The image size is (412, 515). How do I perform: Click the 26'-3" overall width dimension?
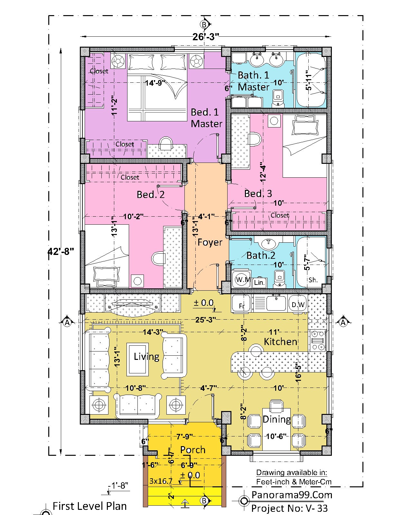pyautogui.click(x=206, y=36)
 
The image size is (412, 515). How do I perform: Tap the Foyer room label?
pyautogui.click(x=210, y=242)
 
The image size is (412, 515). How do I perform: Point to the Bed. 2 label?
pyautogui.click(x=151, y=194)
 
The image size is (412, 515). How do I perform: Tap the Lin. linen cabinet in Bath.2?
pyautogui.click(x=259, y=283)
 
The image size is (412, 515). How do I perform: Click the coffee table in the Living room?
pyautogui.click(x=137, y=360)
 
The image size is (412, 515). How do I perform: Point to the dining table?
pyautogui.click(x=276, y=429)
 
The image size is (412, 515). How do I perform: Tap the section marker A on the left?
pyautogui.click(x=67, y=323)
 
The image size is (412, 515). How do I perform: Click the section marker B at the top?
pyautogui.click(x=204, y=24)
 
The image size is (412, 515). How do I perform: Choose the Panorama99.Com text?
pyautogui.click(x=292, y=495)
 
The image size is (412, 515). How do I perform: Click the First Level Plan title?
pyautogui.click(x=89, y=506)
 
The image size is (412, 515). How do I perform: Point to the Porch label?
pyautogui.click(x=193, y=450)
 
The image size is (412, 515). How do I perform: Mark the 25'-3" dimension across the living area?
pyautogui.click(x=205, y=320)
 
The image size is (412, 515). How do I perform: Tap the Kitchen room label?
pyautogui.click(x=280, y=342)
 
